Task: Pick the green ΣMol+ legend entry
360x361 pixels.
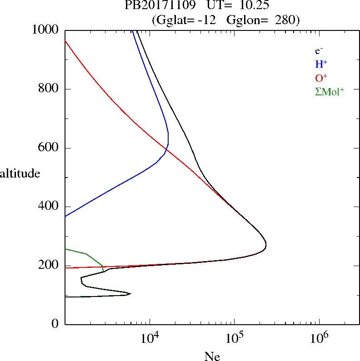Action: pos(330,92)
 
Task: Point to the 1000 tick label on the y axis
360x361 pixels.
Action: pos(45,30)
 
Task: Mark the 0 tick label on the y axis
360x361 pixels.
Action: pos(56,324)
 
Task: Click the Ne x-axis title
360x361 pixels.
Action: pos(212,356)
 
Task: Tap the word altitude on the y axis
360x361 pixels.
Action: pos(20,173)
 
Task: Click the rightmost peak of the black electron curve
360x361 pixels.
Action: pos(266,246)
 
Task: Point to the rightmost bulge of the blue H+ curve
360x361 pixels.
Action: pos(168,136)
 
